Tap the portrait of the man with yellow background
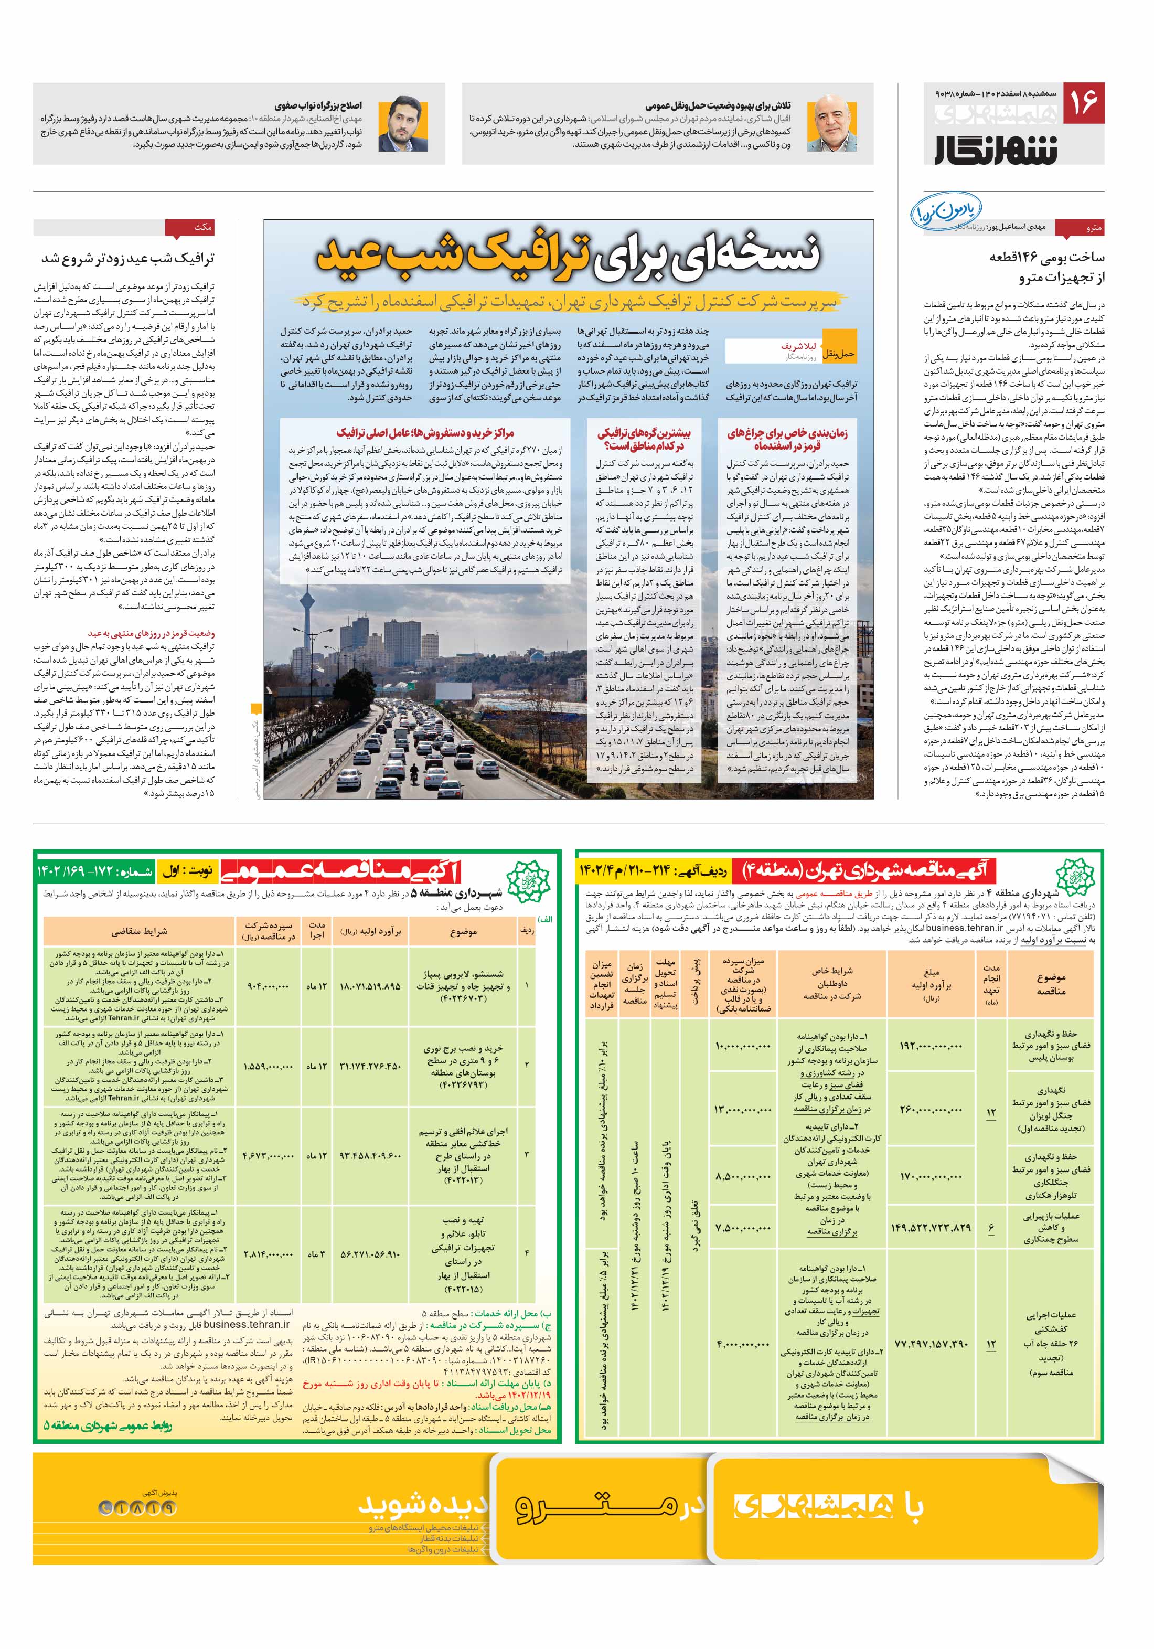(x=403, y=123)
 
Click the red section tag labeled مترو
(x=1086, y=228)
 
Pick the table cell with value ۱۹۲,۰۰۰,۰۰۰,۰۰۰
(x=931, y=1046)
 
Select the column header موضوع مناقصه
(x=1051, y=984)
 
